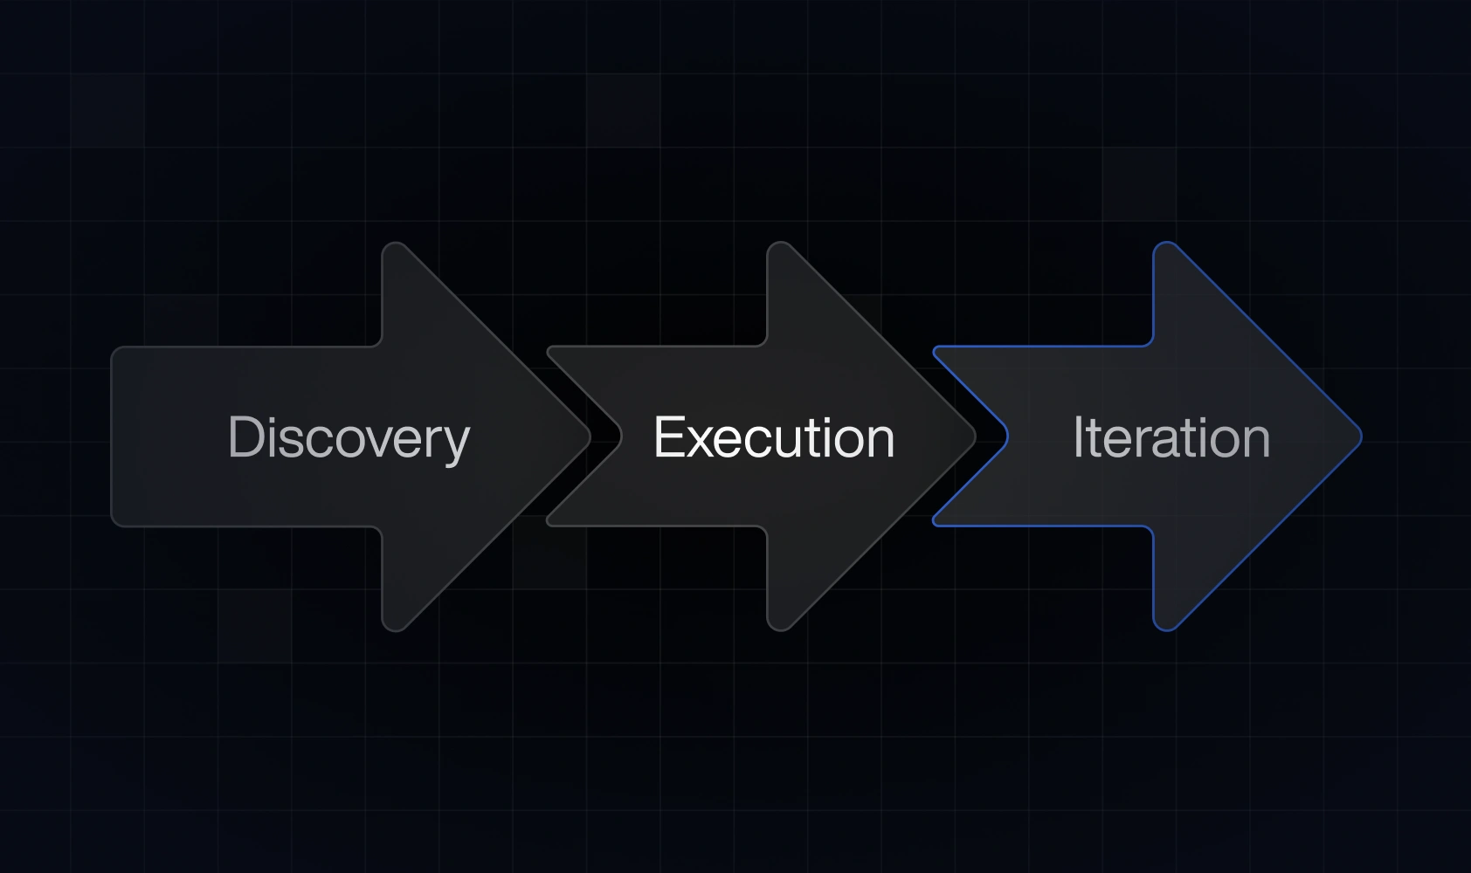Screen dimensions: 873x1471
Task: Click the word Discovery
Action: click(x=349, y=437)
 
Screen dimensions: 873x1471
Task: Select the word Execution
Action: click(x=774, y=437)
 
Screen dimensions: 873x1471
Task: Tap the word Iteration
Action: click(x=1171, y=437)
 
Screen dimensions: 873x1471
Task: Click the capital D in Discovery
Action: click(x=245, y=436)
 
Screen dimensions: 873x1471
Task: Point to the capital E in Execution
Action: click(x=669, y=436)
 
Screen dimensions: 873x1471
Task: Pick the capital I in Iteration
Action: click(x=1079, y=436)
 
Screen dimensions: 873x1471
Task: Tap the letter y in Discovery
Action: click(x=456, y=443)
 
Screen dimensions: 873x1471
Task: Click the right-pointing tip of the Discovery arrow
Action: click(x=588, y=436)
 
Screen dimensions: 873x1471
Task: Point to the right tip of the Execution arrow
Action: click(x=973, y=436)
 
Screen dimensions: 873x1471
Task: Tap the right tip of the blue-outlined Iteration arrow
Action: click(x=1359, y=436)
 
